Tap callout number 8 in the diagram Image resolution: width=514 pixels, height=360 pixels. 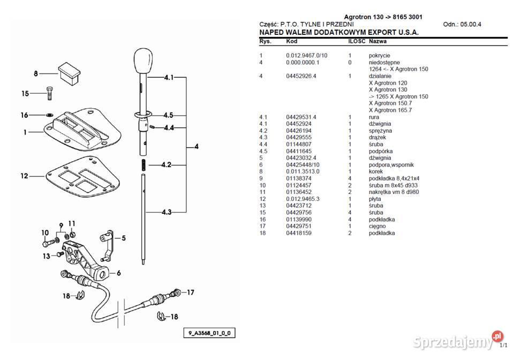coord(36,73)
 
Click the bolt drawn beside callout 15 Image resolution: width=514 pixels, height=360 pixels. coord(50,93)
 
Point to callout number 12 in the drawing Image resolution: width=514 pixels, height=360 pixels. coord(25,176)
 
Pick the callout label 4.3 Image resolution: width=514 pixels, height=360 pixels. coord(167,212)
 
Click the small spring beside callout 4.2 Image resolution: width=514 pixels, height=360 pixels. coord(143,165)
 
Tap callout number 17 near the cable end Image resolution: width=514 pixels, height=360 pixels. coord(190,292)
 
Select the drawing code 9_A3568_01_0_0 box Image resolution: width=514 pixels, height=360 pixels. coord(209,333)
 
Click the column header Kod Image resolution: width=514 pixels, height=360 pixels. coord(292,41)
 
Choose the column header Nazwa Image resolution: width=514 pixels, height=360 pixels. coord(378,41)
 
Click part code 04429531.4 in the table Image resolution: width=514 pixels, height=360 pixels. coord(301,117)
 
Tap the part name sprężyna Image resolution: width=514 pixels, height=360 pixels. coord(381,131)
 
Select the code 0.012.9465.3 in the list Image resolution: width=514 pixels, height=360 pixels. coord(303,199)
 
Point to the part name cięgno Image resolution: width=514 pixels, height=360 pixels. coord(378,226)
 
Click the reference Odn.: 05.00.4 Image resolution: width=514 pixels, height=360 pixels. coord(462,25)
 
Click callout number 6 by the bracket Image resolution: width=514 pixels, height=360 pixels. coord(119,273)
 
